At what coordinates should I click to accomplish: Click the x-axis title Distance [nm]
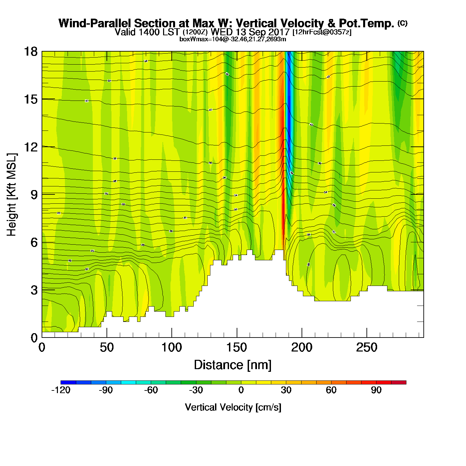(233, 365)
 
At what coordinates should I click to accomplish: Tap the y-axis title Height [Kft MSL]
(12, 195)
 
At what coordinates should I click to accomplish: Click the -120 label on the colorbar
(61, 390)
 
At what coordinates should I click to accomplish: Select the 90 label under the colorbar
(376, 390)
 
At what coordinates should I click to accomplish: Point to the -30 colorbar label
(196, 390)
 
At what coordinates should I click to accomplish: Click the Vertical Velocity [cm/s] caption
(233, 407)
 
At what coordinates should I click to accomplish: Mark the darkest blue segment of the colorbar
(68, 382)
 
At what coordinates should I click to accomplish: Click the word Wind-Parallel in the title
(95, 23)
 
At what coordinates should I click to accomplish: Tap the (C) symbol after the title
(402, 23)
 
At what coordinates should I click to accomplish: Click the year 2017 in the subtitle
(278, 32)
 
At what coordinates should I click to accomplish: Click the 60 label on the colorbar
(331, 390)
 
